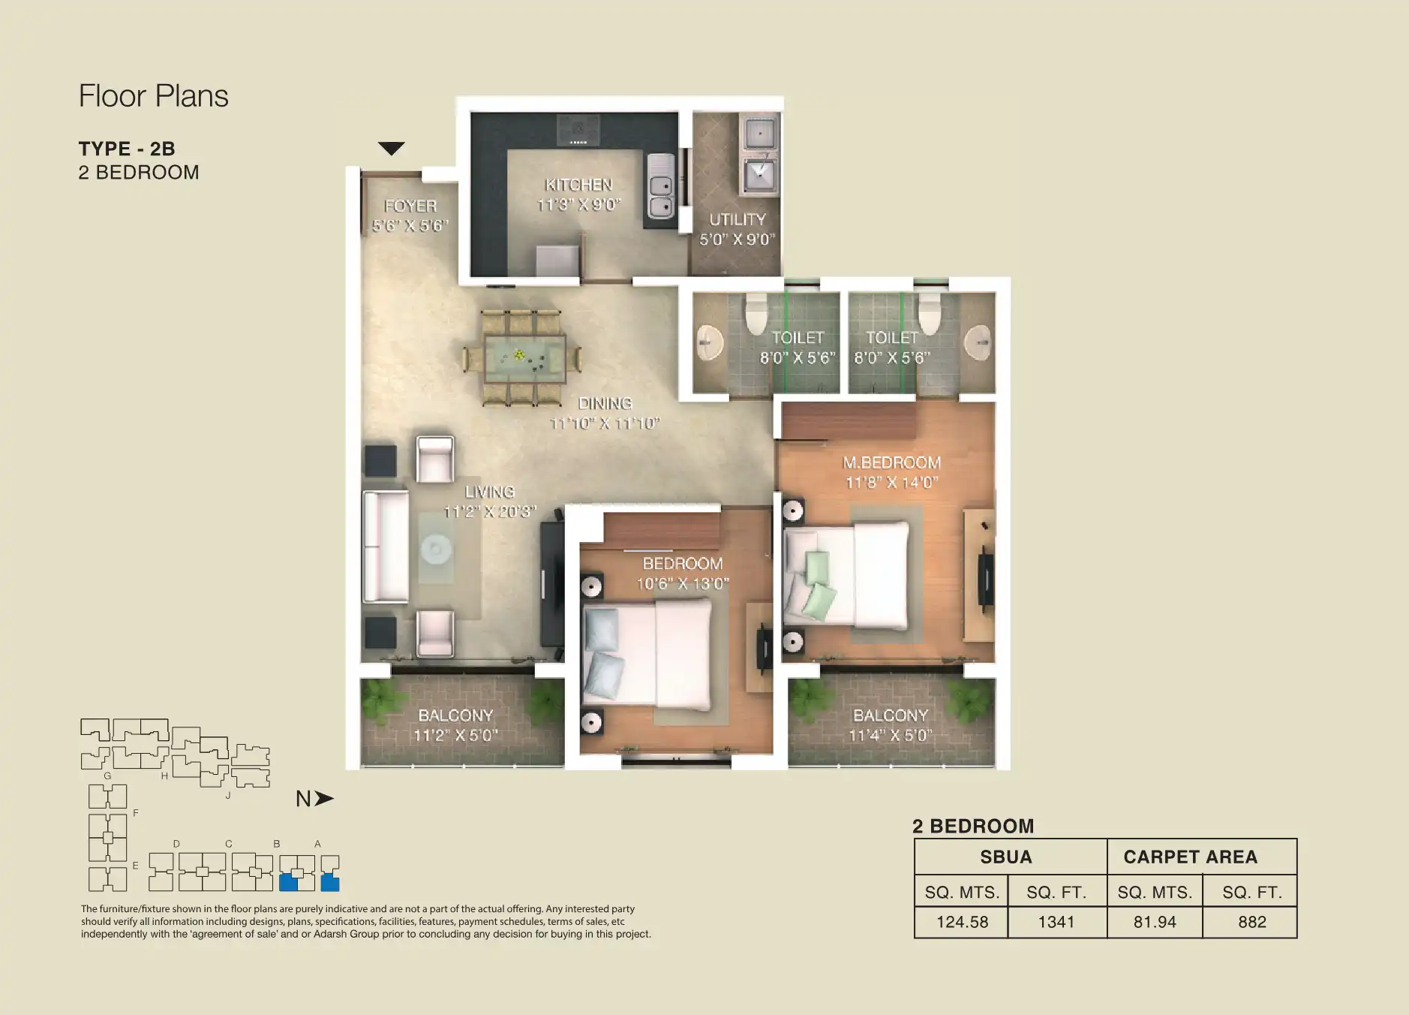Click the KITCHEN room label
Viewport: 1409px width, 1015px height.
point(578,185)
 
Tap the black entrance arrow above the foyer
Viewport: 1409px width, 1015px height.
point(391,149)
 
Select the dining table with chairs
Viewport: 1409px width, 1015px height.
point(523,358)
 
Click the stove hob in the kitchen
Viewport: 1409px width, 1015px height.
point(578,130)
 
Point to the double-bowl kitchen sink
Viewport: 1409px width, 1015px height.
point(660,195)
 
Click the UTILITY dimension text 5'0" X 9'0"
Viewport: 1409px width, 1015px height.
point(737,239)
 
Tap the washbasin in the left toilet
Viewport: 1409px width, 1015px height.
point(708,343)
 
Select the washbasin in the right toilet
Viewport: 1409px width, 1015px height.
point(978,343)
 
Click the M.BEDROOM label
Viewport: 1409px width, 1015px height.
point(891,463)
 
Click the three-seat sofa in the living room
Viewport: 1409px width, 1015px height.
point(386,546)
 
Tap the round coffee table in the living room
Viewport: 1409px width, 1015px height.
point(435,550)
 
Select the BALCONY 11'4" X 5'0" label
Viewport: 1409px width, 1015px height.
point(891,725)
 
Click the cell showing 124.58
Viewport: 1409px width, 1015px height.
point(962,922)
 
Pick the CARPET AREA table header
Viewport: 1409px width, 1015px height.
point(1190,857)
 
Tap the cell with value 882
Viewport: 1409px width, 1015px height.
point(1251,922)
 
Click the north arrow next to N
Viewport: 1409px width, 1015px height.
point(324,799)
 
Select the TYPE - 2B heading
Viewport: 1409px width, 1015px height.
point(127,149)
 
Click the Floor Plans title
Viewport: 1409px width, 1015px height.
point(154,96)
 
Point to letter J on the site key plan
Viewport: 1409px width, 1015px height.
point(227,795)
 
